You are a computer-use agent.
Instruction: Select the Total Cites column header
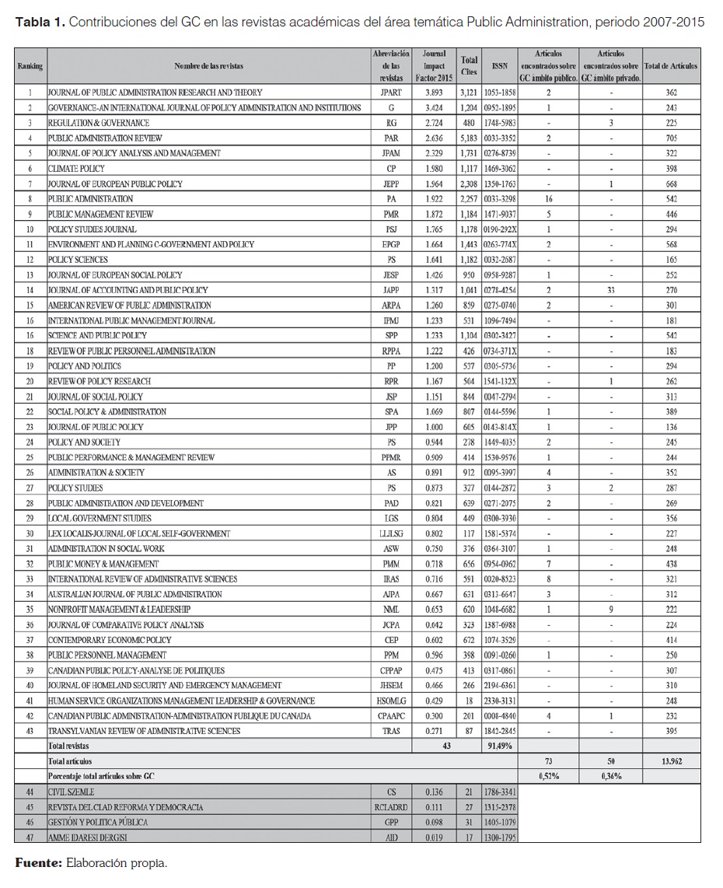pyautogui.click(x=469, y=66)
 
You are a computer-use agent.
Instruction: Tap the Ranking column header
pyautogui.click(x=30, y=66)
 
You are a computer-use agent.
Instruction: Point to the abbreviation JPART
pyautogui.click(x=392, y=93)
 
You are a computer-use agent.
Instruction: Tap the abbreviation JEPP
pyautogui.click(x=392, y=184)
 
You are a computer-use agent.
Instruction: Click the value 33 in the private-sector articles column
pyautogui.click(x=611, y=290)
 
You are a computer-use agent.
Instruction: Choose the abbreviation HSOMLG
pyautogui.click(x=392, y=701)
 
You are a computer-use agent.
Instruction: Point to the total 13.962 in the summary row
pyautogui.click(x=672, y=761)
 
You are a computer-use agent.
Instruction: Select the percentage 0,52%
pyautogui.click(x=550, y=776)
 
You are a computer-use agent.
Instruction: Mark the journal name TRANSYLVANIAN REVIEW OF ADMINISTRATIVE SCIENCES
pyautogui.click(x=145, y=731)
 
